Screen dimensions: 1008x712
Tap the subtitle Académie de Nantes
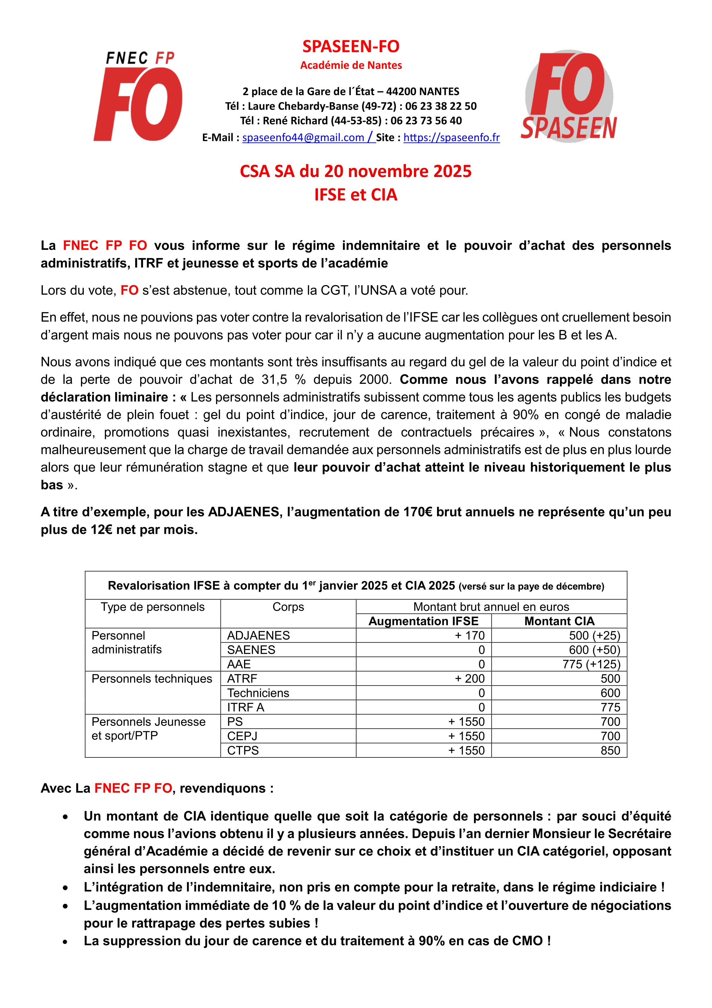[351, 66]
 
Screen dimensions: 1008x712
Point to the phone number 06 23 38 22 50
[441, 106]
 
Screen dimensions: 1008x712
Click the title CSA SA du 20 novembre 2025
[355, 171]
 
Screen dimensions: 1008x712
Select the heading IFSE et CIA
[355, 195]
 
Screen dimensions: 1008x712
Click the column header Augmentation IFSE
[423, 621]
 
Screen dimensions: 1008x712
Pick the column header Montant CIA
[559, 621]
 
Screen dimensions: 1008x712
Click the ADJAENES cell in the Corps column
[258, 636]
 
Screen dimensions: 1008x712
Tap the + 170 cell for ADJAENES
[469, 636]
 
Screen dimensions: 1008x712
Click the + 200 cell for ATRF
[469, 679]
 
